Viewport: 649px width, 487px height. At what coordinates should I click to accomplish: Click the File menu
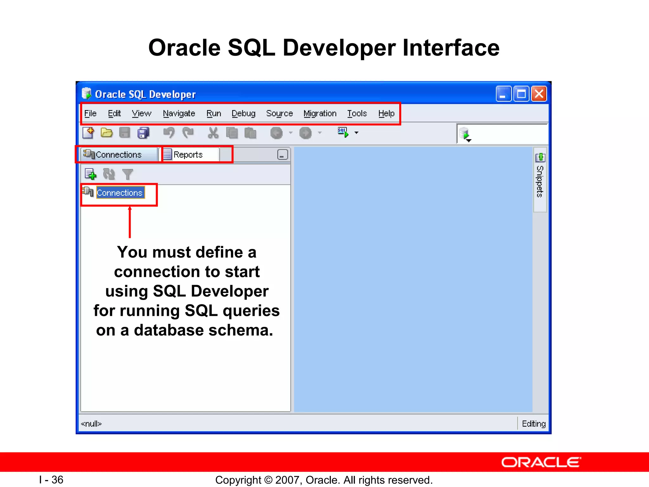90,114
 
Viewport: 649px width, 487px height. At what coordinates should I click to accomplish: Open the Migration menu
320,114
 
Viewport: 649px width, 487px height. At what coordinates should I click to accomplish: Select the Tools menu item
357,114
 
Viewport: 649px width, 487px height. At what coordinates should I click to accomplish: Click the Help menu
386,114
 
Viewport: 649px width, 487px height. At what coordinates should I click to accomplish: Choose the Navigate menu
179,114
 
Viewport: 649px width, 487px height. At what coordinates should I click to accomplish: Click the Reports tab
188,155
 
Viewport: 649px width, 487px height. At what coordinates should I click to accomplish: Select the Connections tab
118,155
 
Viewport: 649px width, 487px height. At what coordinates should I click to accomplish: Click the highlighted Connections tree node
119,193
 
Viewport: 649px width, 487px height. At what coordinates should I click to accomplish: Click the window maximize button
521,94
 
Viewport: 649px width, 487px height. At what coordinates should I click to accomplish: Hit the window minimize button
503,94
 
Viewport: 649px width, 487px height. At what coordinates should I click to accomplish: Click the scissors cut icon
213,133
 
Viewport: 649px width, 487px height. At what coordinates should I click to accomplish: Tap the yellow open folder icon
106,133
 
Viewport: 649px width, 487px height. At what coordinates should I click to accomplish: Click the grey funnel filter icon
127,174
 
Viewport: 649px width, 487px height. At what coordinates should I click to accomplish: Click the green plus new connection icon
91,174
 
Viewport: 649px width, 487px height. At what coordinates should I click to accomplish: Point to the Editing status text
533,424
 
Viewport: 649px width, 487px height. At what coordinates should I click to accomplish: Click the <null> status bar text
91,424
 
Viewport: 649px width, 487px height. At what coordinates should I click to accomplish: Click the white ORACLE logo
541,462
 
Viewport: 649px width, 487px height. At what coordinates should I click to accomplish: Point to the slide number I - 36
51,480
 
